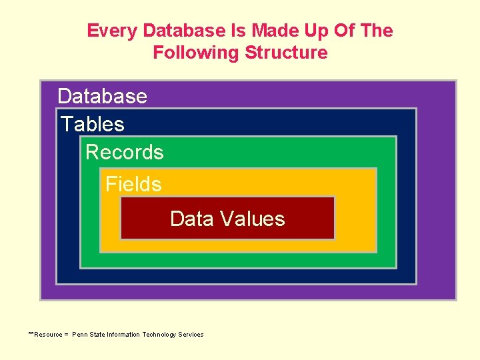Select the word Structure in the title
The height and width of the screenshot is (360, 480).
click(x=286, y=52)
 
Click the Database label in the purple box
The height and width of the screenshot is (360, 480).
click(x=102, y=96)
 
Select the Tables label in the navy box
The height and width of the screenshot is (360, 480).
click(x=93, y=124)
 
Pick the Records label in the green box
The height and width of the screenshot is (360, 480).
click(x=124, y=152)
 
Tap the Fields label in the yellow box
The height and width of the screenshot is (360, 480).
click(x=133, y=184)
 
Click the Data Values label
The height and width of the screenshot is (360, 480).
click(x=227, y=219)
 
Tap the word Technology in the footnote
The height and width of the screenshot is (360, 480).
click(x=159, y=335)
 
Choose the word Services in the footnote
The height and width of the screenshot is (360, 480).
click(x=191, y=335)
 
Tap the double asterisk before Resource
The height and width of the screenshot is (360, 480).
click(x=31, y=333)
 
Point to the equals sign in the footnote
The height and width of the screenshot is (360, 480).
click(x=66, y=335)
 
